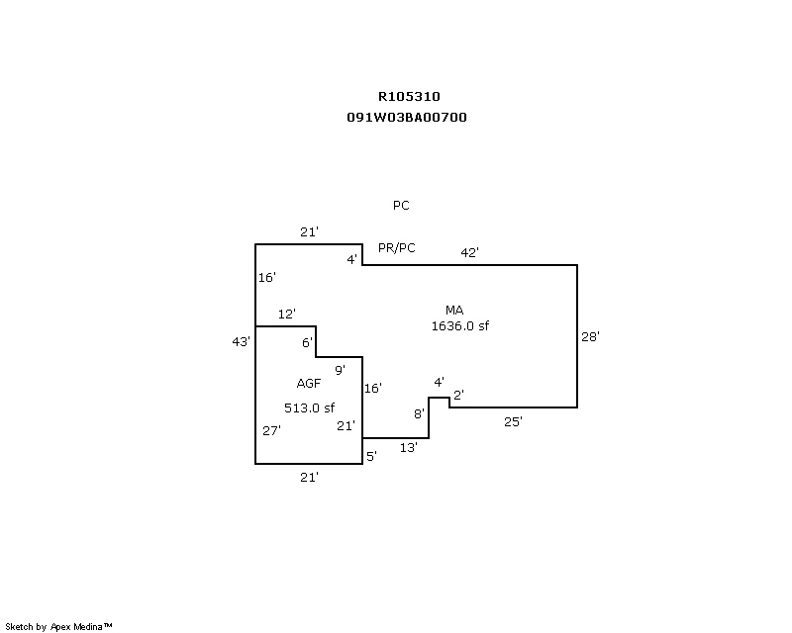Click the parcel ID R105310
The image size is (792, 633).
(x=409, y=97)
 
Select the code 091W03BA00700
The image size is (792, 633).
(x=407, y=117)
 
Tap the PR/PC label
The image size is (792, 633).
(x=396, y=247)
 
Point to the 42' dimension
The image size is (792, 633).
(x=469, y=252)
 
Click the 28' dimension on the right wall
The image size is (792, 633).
(x=590, y=336)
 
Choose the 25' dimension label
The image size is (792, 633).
(x=513, y=421)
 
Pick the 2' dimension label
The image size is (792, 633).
(x=458, y=396)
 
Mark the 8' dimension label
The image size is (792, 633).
(x=419, y=413)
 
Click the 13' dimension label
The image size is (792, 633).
(x=408, y=448)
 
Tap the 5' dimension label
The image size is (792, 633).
(x=371, y=456)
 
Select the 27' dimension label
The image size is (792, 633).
(x=272, y=430)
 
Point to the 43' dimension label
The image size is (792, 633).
(x=241, y=341)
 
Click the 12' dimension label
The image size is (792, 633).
(x=287, y=314)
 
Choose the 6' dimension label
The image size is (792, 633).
(x=307, y=342)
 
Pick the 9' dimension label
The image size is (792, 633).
(x=340, y=370)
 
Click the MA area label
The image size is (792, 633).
(x=454, y=311)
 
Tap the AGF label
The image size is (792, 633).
(x=308, y=384)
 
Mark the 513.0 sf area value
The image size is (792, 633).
(x=310, y=407)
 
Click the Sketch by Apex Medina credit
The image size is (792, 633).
(x=58, y=627)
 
